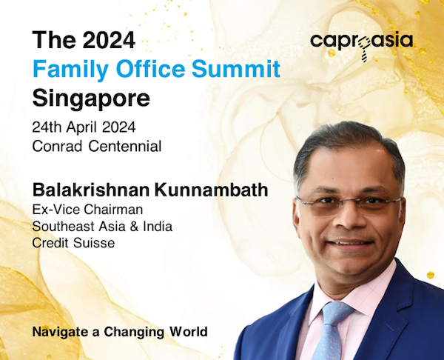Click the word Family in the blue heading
70,70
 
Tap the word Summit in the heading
236,68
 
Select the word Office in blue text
150,68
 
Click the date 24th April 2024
84,127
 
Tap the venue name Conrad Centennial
97,147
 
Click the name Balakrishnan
91,190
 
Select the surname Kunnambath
211,190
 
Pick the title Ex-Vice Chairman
87,210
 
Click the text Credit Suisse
73,243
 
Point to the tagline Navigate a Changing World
120,332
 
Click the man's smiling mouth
350,243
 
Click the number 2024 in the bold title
109,40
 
